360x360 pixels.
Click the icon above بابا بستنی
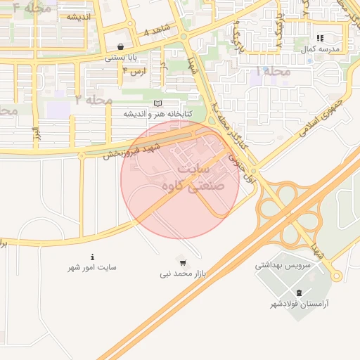point(122,46)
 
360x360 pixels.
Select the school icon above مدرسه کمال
point(320,38)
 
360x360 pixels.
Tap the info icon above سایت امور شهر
point(93,257)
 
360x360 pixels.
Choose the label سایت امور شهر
point(92,267)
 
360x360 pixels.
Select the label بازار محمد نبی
point(183,273)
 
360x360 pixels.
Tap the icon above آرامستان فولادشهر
point(300,292)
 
